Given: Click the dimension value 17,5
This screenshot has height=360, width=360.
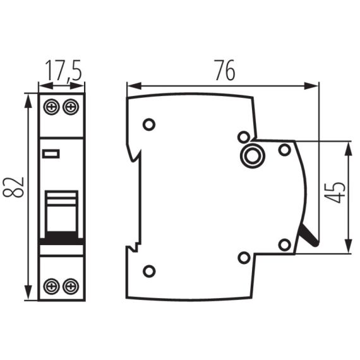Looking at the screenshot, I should click(62, 69).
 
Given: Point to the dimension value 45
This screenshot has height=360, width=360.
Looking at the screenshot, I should click(337, 192).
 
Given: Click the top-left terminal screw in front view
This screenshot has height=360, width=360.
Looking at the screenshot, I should click(51, 106).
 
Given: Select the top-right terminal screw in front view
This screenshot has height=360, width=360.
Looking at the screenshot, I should click(71, 106).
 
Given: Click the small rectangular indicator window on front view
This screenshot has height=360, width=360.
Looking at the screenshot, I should click(50, 153).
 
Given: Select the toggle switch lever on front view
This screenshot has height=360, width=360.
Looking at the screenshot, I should click(61, 215).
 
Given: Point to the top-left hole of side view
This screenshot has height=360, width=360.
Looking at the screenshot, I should click(149, 124).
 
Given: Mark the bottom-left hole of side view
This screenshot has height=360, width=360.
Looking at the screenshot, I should click(149, 271).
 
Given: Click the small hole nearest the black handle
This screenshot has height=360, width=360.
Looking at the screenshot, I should click(285, 244).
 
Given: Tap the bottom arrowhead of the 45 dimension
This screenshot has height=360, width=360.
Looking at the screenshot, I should click(348, 249).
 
